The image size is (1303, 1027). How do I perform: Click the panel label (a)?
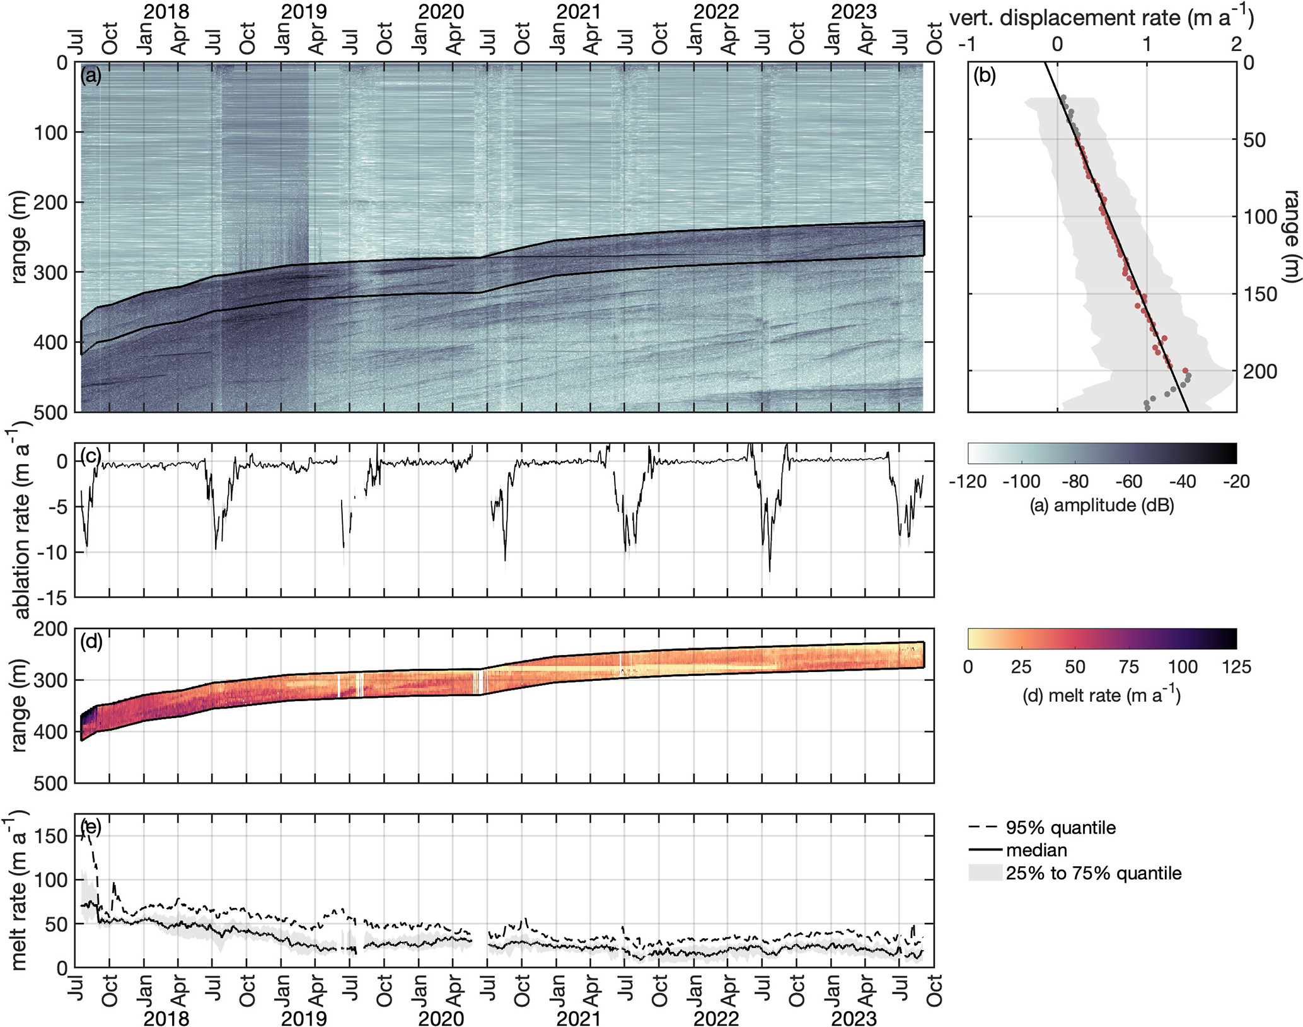pos(90,76)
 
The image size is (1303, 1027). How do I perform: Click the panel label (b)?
pos(984,76)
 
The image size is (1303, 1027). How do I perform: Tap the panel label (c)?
pos(90,457)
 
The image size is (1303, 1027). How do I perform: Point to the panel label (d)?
pos(91,642)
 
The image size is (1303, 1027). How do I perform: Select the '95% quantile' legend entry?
pos(1060,827)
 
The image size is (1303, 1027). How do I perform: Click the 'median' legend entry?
pos(1036,850)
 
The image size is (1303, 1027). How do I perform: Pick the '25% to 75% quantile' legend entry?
pos(1093,873)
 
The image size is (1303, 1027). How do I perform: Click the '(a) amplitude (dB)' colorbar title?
pos(1101,505)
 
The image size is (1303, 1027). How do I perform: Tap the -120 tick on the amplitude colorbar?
pos(968,482)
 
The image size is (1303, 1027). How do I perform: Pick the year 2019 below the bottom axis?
pos(303,1018)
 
